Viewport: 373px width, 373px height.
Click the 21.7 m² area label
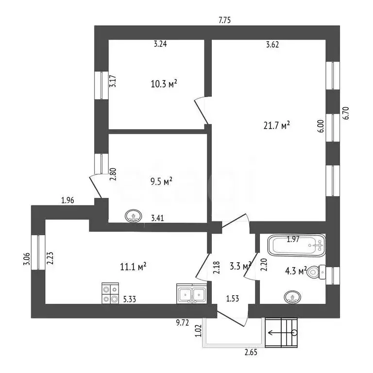tap(277, 125)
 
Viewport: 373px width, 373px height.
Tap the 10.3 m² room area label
tap(164, 84)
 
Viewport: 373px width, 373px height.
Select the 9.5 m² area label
tap(161, 182)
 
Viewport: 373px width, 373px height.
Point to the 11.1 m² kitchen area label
tap(133, 267)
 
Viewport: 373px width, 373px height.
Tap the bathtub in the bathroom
tap(297, 245)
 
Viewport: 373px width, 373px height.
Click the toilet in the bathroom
tap(316, 272)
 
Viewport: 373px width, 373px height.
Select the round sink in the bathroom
tap(292, 297)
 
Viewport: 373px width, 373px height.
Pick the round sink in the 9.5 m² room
tap(134, 216)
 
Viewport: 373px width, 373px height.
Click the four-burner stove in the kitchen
tap(110, 293)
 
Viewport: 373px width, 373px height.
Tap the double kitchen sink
tap(191, 293)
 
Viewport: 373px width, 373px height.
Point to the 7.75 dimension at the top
tap(224, 20)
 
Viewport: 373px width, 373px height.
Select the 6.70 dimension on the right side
tap(346, 113)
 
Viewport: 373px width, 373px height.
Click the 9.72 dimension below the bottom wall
tap(183, 322)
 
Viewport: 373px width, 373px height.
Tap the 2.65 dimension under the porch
tap(251, 352)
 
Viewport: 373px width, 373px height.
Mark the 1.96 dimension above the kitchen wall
tap(68, 200)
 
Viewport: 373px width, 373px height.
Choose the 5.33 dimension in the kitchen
tap(130, 299)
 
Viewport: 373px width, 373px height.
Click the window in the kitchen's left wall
tap(38, 253)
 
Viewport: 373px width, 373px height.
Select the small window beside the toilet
tap(333, 276)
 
